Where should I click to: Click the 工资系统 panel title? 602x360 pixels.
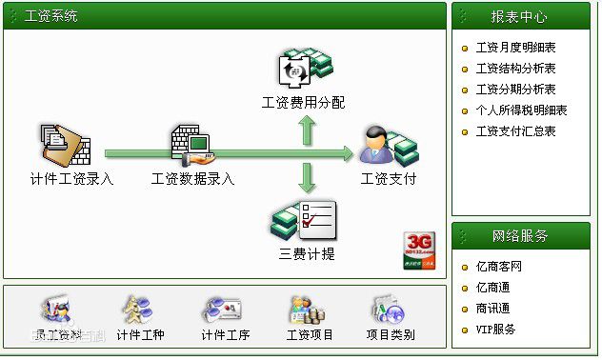tap(51, 16)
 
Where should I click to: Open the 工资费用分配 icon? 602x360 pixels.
tap(304, 68)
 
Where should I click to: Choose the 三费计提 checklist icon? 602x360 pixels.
tap(305, 219)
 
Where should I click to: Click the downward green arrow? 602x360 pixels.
tap(307, 178)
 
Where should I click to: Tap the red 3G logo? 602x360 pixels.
tap(420, 250)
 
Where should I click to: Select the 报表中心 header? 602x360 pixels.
tap(519, 16)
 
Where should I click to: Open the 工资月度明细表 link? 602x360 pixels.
tap(515, 47)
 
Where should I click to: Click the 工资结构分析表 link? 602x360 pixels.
tap(515, 68)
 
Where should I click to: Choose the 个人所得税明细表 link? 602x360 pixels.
tap(521, 110)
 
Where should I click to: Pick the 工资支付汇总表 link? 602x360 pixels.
tap(515, 130)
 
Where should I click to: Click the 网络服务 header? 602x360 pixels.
tap(519, 235)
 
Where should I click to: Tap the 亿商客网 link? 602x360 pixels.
tap(498, 266)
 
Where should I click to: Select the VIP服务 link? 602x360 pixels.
tap(495, 329)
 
